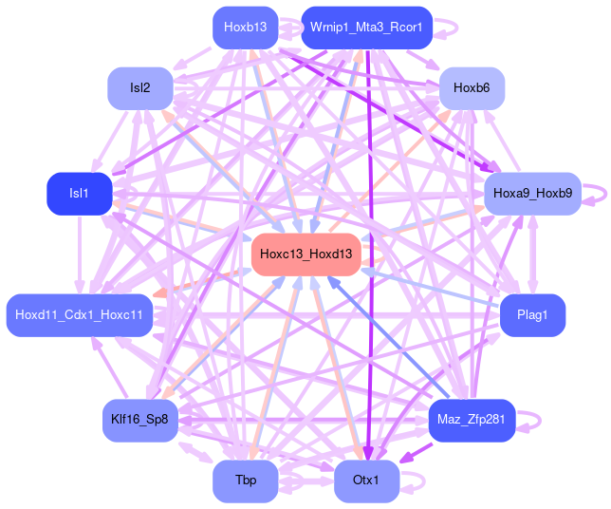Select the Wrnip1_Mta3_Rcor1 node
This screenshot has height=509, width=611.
point(366,28)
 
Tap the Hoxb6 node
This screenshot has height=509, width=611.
point(472,88)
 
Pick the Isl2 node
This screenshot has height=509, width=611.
point(139,88)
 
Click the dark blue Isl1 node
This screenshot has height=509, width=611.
point(79,194)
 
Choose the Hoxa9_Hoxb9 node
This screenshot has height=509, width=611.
point(532,194)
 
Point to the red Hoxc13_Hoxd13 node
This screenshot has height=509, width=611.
point(305,254)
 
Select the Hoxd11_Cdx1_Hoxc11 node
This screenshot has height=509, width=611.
point(80,315)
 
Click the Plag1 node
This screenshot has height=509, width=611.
point(532,315)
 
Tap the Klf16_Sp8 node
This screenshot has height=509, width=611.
point(139,420)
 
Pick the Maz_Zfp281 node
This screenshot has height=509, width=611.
point(472,420)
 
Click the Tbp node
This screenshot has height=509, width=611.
point(245,481)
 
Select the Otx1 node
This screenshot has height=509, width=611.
point(366,481)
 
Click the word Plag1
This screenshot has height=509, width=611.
point(532,315)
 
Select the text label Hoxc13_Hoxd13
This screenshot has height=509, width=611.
point(305,254)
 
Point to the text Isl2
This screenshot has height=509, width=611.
point(139,88)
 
